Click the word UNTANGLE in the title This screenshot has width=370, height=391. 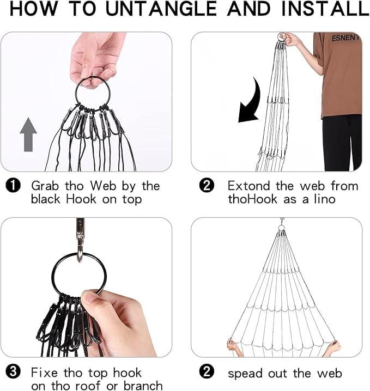point(161,9)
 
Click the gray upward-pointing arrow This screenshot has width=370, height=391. point(28,135)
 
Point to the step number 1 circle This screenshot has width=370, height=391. point(13,186)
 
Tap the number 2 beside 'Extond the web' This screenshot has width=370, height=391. point(207,186)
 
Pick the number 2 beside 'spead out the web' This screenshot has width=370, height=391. point(207,372)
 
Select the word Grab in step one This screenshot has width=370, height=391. point(45,186)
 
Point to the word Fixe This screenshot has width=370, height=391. point(45,373)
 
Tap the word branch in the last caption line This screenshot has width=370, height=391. point(143,386)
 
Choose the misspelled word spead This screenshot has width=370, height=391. point(245,374)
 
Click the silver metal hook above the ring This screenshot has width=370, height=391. point(80,240)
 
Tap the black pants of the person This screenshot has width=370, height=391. point(342,143)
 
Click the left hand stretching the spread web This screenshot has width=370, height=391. point(233,345)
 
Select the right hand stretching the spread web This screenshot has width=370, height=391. point(335,346)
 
